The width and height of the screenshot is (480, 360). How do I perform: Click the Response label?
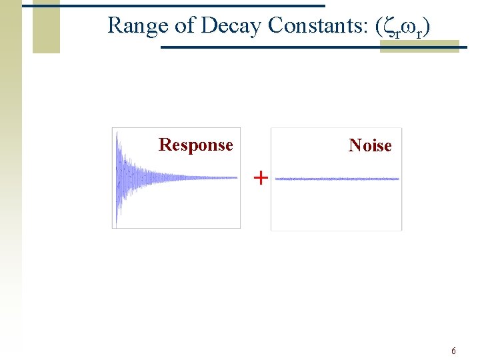coord(195,145)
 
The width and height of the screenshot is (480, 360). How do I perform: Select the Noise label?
coord(370,145)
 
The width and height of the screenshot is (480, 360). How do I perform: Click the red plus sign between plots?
coord(261,177)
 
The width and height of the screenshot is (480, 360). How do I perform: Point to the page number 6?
coord(453,351)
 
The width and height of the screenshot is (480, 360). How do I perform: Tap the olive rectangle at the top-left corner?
coord(46,27)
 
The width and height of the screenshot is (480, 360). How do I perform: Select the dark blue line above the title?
coord(173,5)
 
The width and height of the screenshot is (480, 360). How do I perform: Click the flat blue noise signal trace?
coord(337,179)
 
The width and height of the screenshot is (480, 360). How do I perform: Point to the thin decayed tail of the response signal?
coord(213,177)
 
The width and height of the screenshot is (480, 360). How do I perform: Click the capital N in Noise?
coord(355,145)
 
